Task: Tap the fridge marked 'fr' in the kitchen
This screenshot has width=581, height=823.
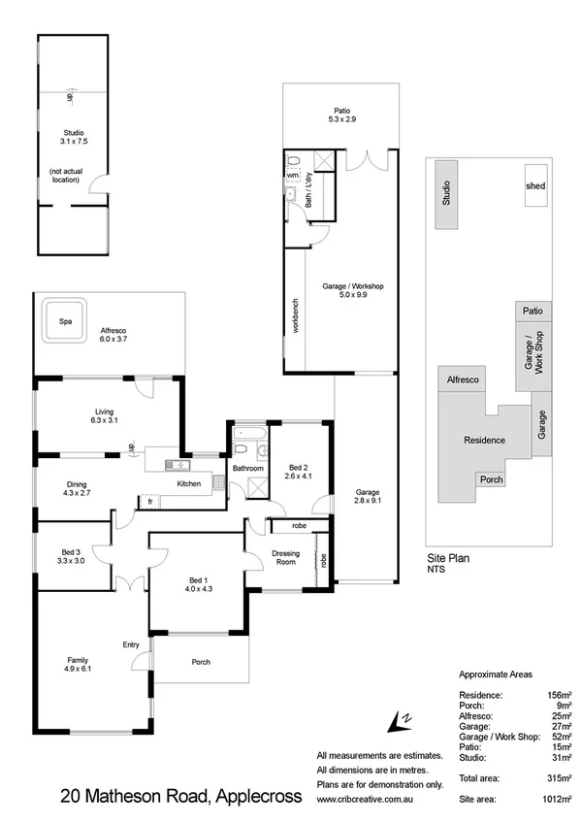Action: tap(150, 502)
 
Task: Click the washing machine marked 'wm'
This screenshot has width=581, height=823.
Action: tap(293, 176)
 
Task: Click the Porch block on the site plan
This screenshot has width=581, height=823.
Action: tap(491, 479)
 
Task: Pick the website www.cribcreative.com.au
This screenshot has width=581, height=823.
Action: tap(377, 799)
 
